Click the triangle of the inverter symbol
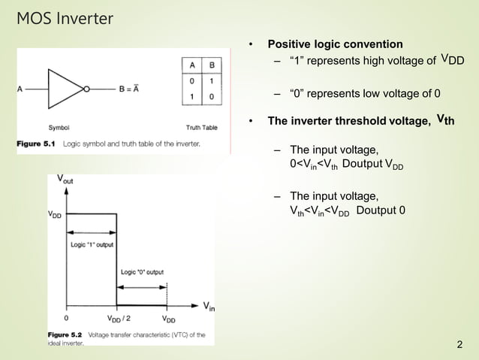point(65,88)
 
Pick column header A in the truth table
point(192,65)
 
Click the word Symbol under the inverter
point(59,127)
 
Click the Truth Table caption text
point(201,127)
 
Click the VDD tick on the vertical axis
point(55,213)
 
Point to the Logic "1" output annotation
point(92,244)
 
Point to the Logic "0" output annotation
point(142,271)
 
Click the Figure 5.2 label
point(65,334)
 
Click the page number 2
point(459,345)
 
